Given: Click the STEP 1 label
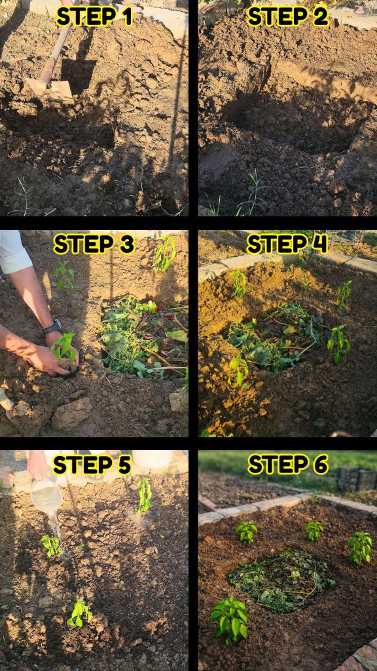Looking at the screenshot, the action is click(x=94, y=16).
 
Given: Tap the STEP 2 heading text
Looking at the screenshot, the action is click(x=288, y=16).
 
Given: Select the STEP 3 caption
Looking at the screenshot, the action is click(x=94, y=244).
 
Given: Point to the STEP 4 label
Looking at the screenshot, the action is click(x=287, y=244).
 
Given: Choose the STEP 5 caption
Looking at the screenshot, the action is click(x=92, y=465).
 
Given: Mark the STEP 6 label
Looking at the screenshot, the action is click(x=288, y=465).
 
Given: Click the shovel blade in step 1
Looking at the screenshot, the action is click(x=50, y=89).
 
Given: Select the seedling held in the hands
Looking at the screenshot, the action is click(x=65, y=349).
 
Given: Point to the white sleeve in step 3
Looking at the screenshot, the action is click(x=14, y=252).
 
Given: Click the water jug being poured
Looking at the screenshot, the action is click(x=46, y=497).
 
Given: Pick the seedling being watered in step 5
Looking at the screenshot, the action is click(x=51, y=546).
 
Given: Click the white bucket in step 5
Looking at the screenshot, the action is click(x=152, y=459).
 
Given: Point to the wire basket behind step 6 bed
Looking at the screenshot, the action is click(x=356, y=479).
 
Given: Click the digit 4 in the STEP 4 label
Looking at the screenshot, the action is click(x=319, y=244).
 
